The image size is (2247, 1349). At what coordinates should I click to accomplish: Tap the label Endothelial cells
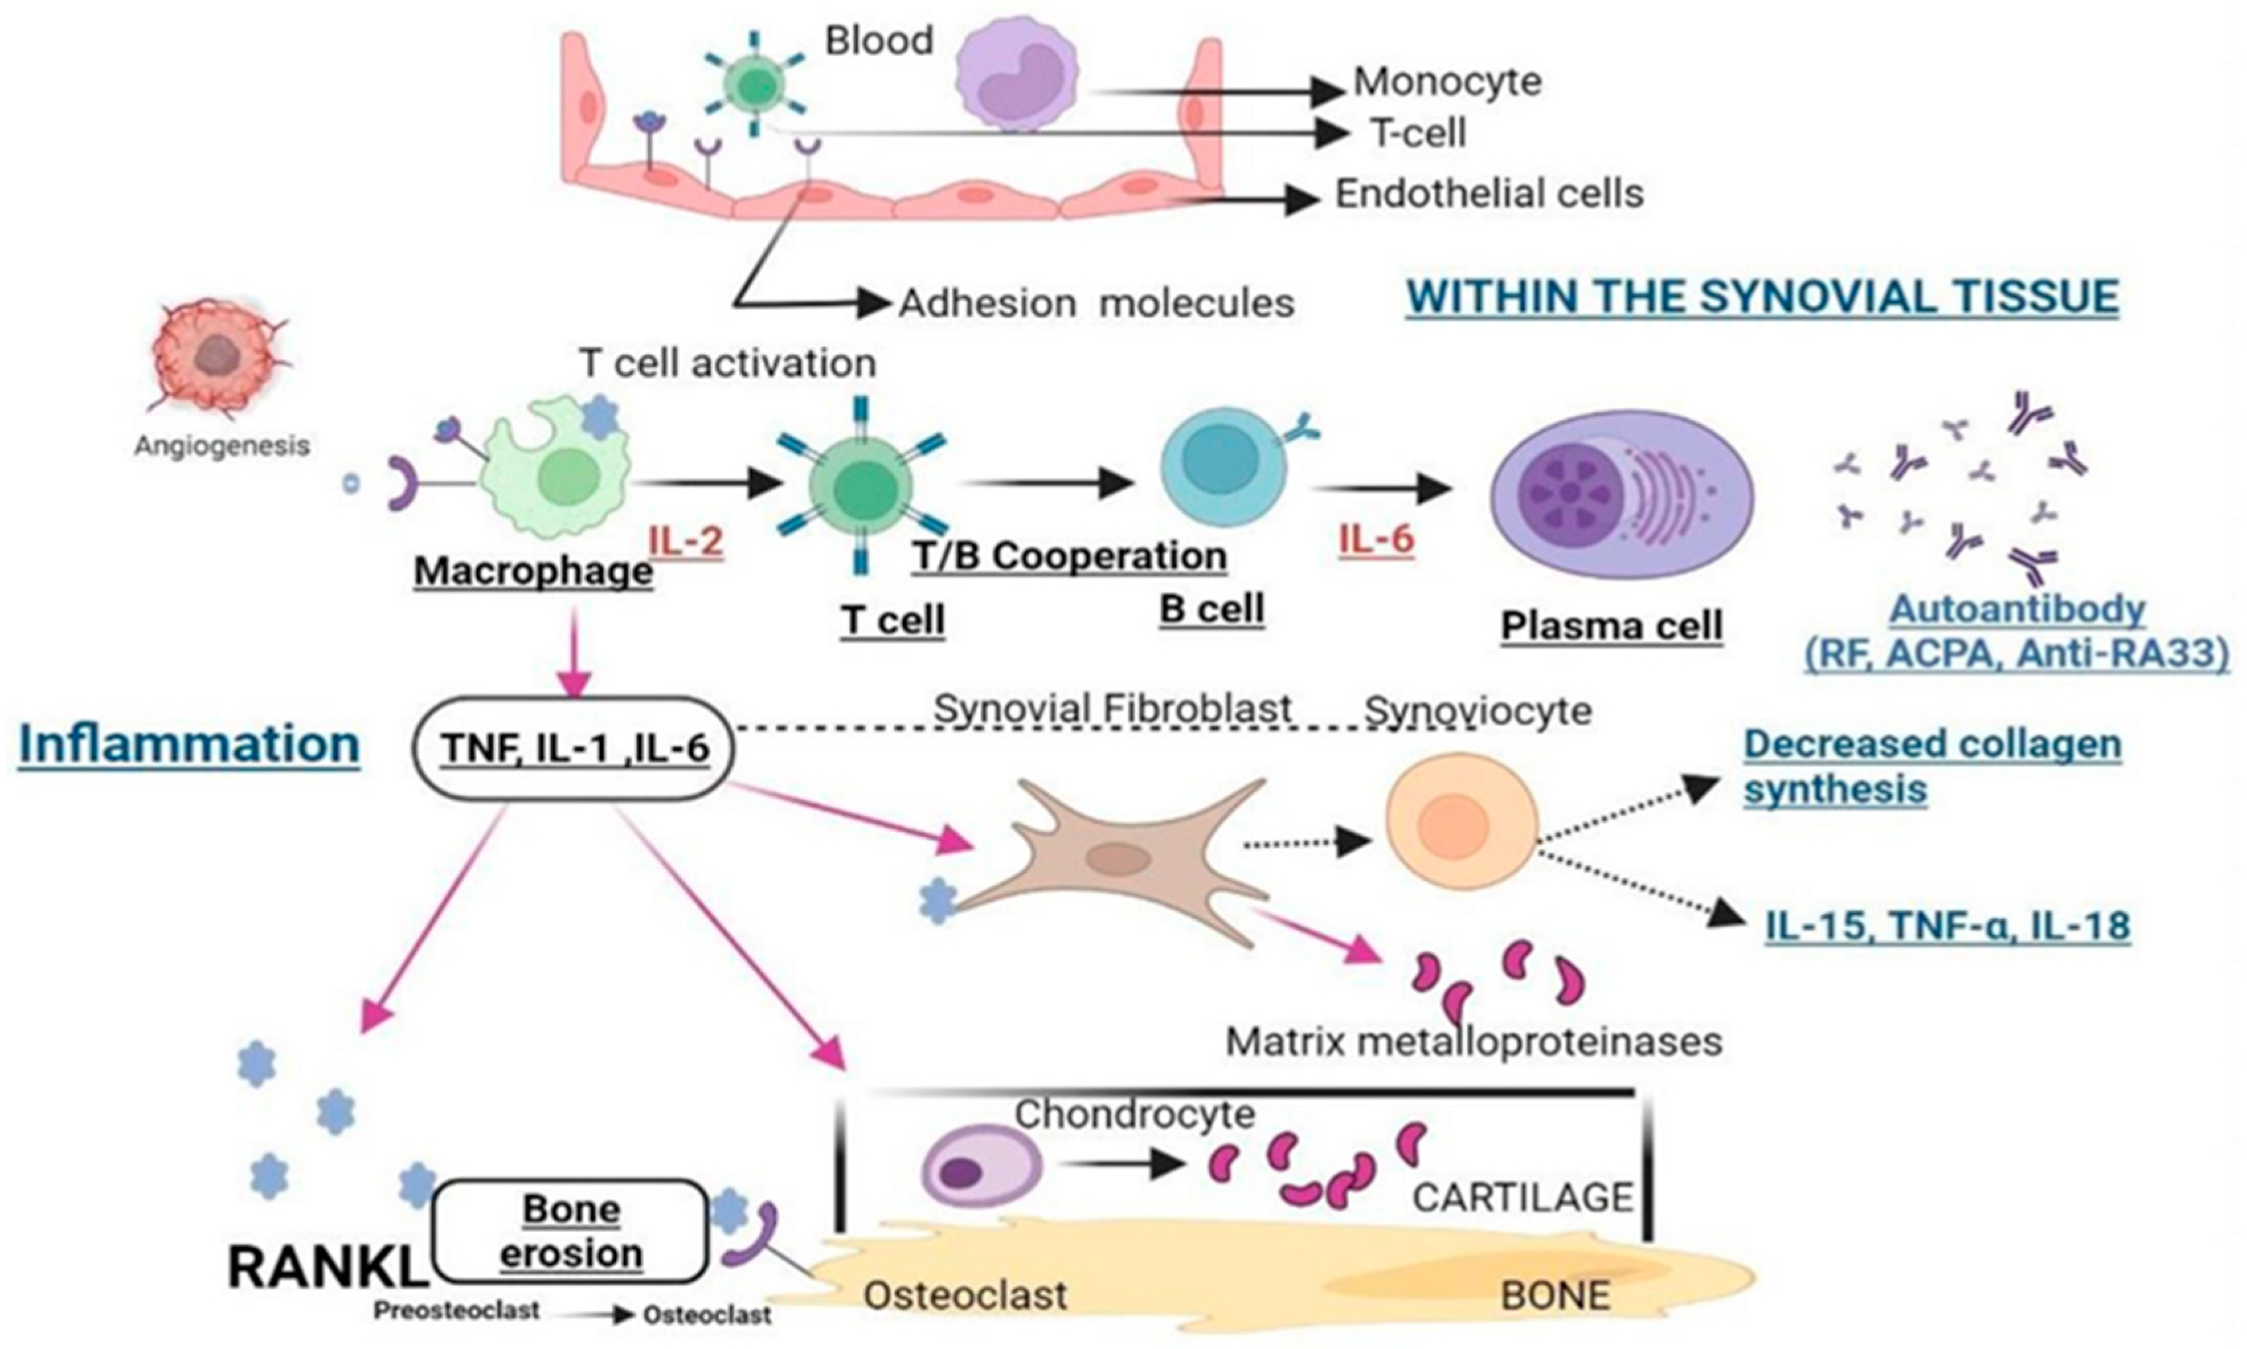1489,194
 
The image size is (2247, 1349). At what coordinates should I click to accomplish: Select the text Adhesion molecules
1096,303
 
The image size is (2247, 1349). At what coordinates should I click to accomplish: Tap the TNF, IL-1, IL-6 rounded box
574,748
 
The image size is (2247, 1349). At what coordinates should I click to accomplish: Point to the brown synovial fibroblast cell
1114,859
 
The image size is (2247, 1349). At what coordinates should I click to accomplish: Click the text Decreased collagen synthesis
1932,766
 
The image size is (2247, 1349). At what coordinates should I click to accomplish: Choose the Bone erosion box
571,1231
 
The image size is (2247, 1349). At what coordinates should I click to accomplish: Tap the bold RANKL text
328,1266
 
